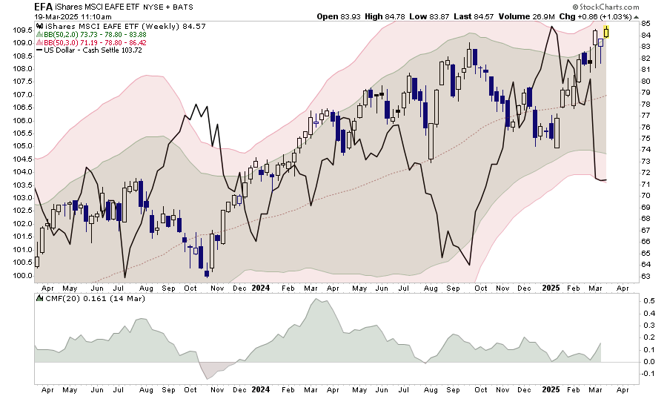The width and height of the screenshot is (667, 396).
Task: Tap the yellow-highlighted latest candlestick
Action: [x=606, y=30]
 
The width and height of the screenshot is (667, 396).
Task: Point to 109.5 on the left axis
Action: [x=22, y=30]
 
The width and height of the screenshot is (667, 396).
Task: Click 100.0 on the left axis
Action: [x=22, y=275]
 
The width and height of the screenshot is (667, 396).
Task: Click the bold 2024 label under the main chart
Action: [x=260, y=287]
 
